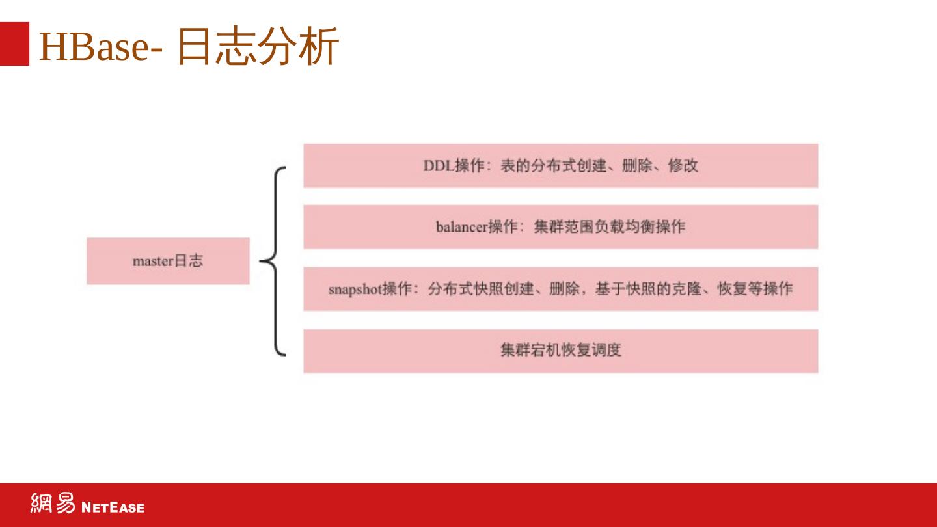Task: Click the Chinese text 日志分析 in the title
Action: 258,46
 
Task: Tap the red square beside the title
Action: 14,44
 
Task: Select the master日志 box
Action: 168,261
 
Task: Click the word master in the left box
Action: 153,262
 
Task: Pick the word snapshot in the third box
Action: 355,289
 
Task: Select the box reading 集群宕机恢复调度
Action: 560,351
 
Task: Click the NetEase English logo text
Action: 113,507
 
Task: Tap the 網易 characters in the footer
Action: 53,504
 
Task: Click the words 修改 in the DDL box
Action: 683,166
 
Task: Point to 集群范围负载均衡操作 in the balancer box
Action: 609,227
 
